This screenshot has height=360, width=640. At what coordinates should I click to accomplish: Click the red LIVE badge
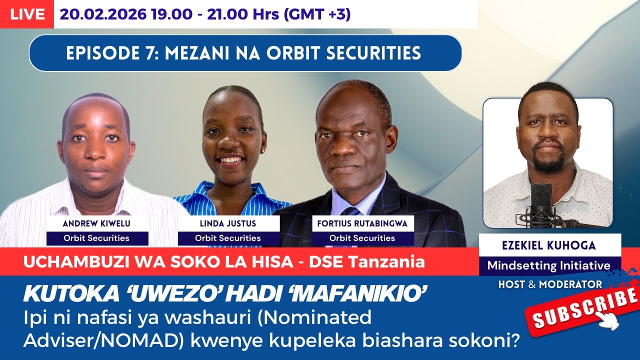26,14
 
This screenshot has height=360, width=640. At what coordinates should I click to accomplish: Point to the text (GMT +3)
317,14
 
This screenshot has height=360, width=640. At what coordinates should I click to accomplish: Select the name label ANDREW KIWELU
97,224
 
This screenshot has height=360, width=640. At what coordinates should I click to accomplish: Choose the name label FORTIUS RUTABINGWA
362,224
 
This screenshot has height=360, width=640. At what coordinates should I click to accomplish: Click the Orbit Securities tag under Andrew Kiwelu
97,238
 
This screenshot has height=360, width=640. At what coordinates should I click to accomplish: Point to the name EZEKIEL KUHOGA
549,246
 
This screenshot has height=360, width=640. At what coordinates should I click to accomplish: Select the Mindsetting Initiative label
549,265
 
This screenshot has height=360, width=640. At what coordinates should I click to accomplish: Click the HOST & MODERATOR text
550,284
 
